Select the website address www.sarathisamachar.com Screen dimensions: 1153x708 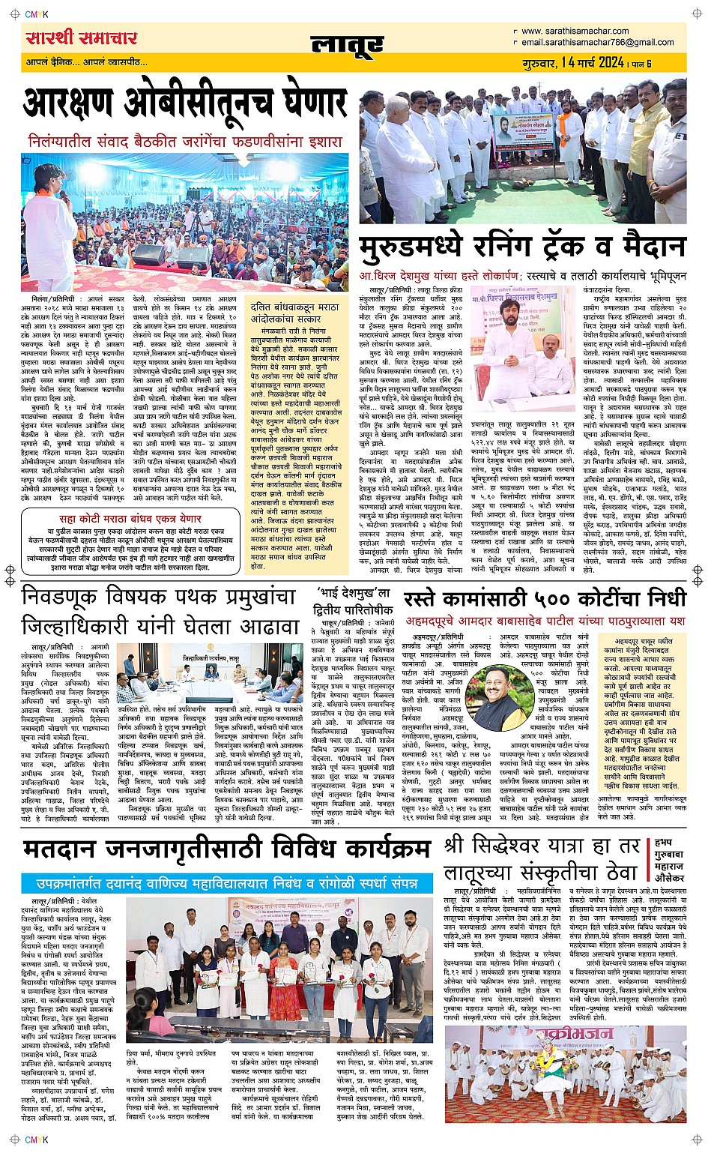click(575, 31)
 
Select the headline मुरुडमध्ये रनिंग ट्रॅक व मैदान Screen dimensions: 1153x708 click(522, 246)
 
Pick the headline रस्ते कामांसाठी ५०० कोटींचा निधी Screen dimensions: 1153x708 click(545, 598)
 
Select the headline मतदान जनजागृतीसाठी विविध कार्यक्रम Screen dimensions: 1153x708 click(227, 849)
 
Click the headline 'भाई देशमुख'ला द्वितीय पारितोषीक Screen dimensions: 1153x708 click(353, 605)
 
